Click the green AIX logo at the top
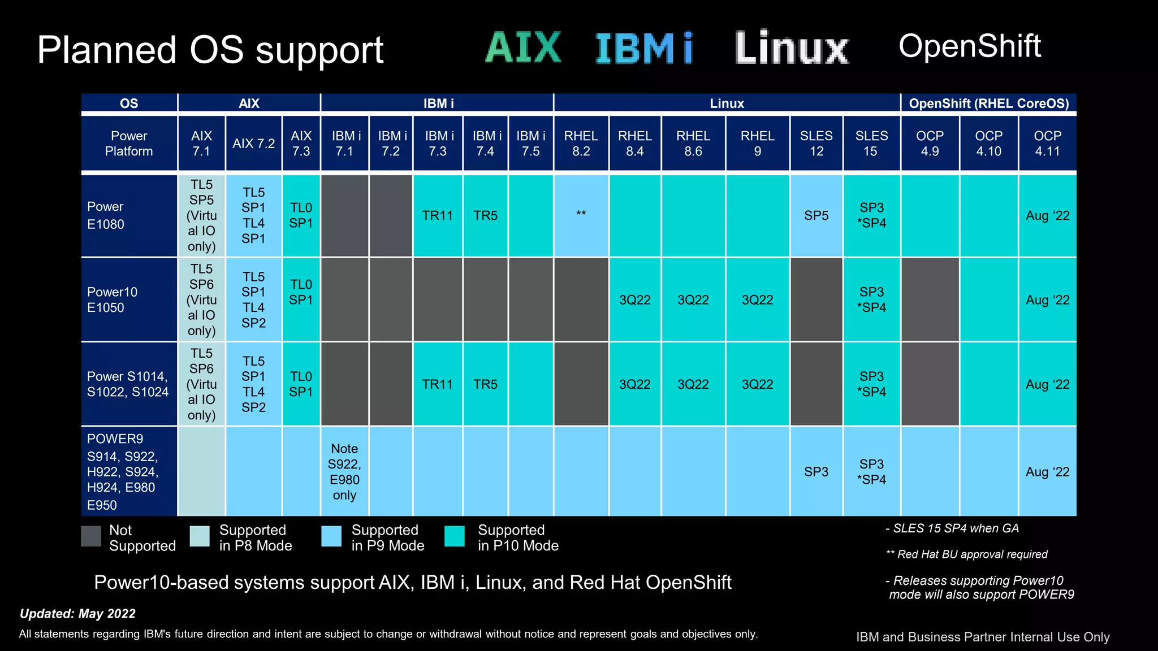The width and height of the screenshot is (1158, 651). point(524,47)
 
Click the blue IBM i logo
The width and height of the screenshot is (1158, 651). point(644,49)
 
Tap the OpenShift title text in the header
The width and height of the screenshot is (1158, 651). point(969,46)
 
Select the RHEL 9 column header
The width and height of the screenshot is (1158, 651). point(757,144)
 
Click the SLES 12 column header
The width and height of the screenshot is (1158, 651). point(816,144)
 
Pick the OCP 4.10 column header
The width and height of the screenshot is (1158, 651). point(988,144)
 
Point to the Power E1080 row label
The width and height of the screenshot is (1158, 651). point(106,215)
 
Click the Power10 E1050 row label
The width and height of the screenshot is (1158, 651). point(112,300)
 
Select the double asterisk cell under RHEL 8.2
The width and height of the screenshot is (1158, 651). point(581,215)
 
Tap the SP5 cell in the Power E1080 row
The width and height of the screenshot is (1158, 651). point(816,215)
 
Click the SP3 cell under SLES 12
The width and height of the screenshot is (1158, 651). point(816,471)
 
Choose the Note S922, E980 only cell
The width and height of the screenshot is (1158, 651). point(344,471)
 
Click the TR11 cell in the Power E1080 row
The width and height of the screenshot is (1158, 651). point(438,215)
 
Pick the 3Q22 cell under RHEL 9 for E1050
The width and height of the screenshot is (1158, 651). point(757,300)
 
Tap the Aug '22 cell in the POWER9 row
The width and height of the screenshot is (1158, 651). point(1047,471)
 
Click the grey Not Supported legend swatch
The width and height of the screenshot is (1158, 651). point(91,536)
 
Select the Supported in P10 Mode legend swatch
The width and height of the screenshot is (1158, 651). point(455,536)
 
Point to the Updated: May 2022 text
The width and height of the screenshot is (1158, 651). point(77,614)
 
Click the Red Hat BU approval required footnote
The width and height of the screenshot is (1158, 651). point(967,554)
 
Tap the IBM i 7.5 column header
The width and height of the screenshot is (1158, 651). point(530,144)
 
